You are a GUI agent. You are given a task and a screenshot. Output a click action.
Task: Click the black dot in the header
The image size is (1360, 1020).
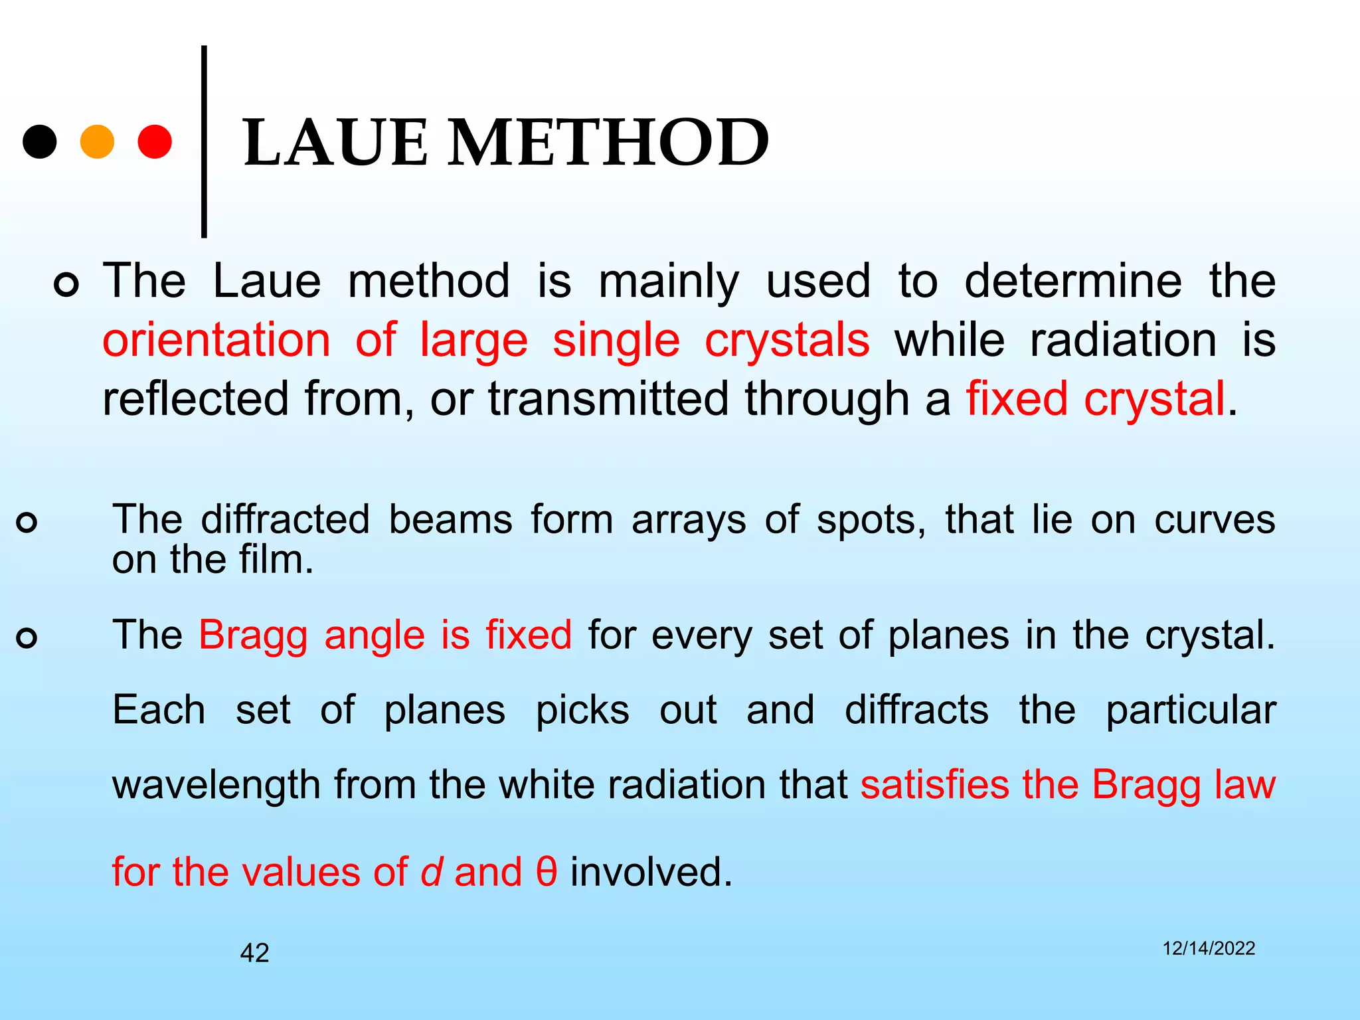(x=40, y=141)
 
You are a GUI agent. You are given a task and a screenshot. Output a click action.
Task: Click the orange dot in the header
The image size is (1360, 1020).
(x=97, y=141)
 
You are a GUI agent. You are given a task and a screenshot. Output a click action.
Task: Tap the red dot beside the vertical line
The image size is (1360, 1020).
(x=155, y=141)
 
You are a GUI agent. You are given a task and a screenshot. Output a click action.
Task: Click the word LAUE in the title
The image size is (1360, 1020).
(x=336, y=143)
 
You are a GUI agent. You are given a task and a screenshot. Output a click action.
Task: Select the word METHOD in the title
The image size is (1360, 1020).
(x=608, y=143)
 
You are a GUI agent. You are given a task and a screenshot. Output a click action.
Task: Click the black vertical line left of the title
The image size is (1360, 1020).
(x=204, y=141)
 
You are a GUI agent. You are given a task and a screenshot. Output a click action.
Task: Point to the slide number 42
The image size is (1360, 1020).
(x=254, y=953)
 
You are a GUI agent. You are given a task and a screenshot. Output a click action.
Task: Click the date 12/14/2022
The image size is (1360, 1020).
(x=1209, y=948)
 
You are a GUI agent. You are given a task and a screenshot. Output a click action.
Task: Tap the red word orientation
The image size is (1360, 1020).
(x=216, y=340)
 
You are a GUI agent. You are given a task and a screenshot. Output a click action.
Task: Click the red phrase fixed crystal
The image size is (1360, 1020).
(x=1095, y=399)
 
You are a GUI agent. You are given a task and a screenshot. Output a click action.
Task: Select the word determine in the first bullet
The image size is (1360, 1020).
(x=1072, y=281)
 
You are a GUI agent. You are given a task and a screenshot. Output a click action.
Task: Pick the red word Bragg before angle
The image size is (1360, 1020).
(x=253, y=636)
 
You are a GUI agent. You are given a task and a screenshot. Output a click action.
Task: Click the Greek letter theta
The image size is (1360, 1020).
(x=547, y=872)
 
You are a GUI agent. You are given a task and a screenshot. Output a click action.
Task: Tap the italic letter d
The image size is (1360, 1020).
(x=431, y=872)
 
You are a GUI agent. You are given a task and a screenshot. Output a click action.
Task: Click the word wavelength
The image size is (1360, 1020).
(x=216, y=785)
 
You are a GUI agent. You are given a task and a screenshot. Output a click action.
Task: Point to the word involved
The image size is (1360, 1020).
(x=651, y=872)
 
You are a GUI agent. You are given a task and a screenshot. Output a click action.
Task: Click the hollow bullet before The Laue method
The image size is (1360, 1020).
(x=66, y=285)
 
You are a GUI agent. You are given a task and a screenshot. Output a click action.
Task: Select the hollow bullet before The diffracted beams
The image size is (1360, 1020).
(x=27, y=523)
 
